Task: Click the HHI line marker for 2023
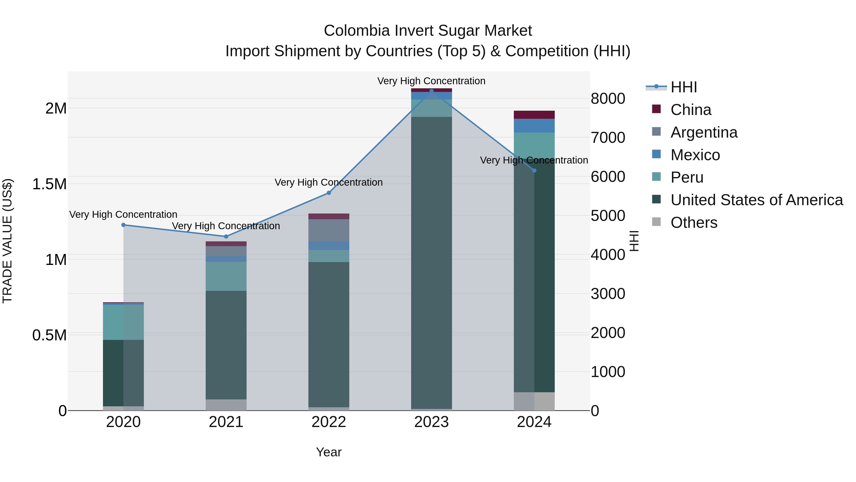coord(431,91)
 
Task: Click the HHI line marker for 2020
coord(123,225)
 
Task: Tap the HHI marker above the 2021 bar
coord(226,237)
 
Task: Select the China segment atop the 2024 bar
coord(534,115)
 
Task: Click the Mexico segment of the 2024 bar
coord(534,126)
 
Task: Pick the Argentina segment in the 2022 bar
coord(329,230)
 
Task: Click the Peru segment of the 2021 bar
coord(226,276)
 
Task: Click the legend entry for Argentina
coord(704,132)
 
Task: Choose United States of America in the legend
coord(757,200)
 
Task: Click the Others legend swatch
coord(656,222)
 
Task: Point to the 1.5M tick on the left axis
coord(49,184)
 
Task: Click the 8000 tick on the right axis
coord(608,99)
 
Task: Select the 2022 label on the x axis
coord(329,422)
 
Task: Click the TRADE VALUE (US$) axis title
coord(7,241)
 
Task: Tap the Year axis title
coord(329,452)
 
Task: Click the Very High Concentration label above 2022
coord(329,182)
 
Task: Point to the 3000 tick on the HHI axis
coord(608,294)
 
